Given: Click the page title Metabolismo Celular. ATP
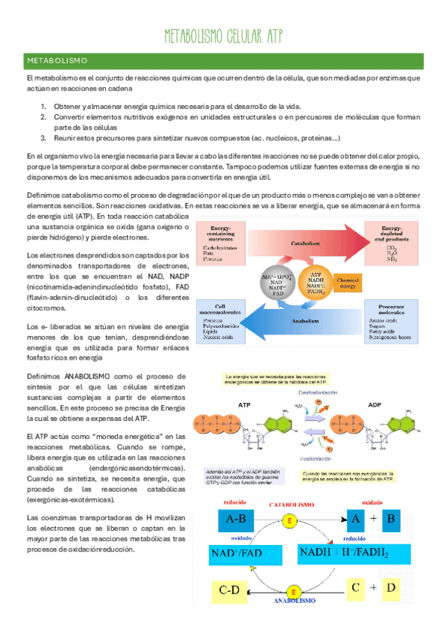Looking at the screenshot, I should [223, 37].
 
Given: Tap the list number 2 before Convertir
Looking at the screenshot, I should [44, 116].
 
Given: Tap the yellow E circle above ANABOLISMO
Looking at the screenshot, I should [294, 591].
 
